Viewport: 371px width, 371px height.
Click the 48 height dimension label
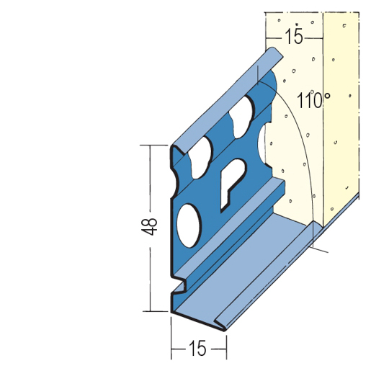tap(149, 226)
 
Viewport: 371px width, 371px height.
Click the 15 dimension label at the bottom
tap(197, 348)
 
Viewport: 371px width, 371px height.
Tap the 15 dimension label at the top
tap(294, 36)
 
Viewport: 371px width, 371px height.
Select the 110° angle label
tap(313, 99)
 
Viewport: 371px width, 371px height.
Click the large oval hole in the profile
tap(189, 225)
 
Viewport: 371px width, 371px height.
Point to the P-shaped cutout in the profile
tap(232, 184)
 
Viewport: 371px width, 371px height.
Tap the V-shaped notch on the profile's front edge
tap(179, 286)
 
